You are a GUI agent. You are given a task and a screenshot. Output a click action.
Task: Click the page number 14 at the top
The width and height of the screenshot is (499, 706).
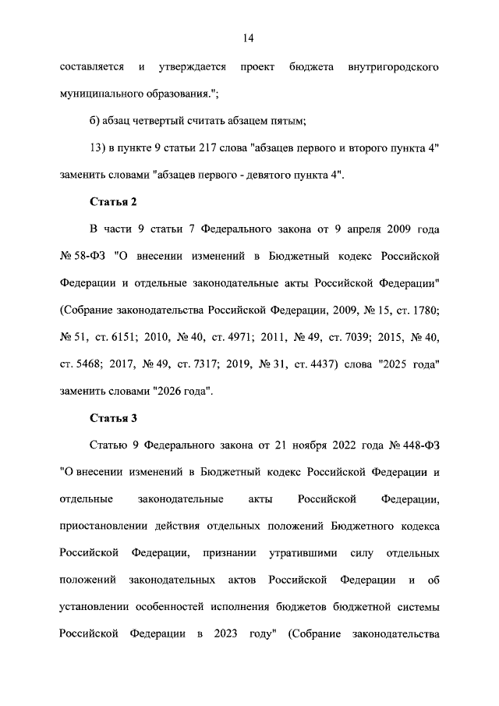click(x=249, y=37)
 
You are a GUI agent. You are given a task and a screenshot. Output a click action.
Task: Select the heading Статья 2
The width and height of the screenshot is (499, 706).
click(x=114, y=202)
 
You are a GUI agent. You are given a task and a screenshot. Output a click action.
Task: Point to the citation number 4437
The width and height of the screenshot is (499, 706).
click(x=313, y=364)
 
